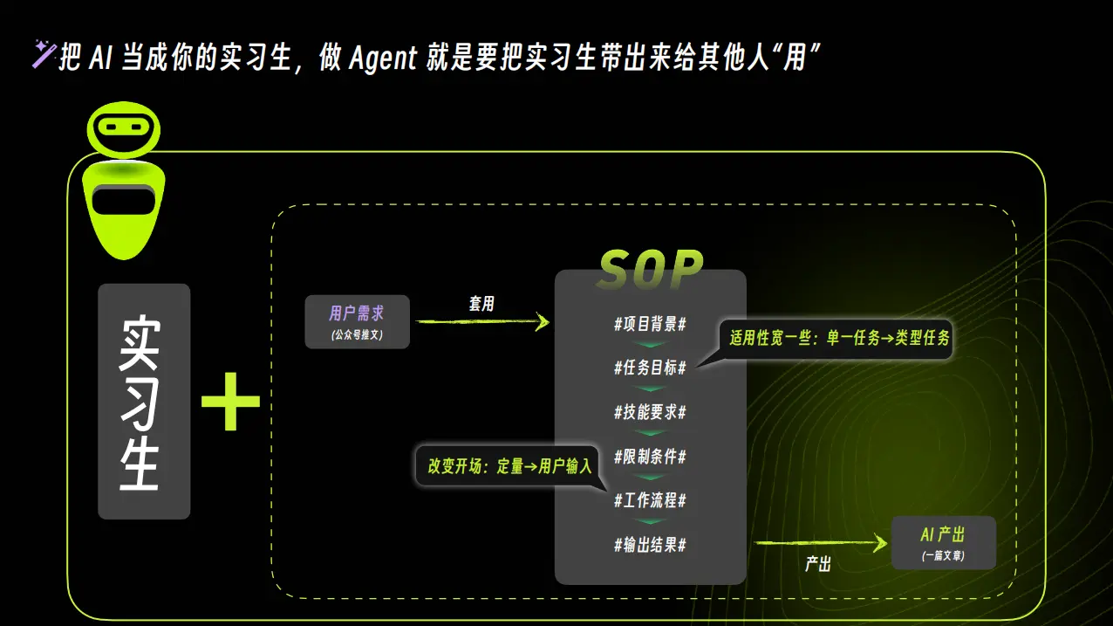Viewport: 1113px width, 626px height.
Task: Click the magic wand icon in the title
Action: click(44, 54)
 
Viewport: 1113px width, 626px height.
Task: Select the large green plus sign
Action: click(230, 401)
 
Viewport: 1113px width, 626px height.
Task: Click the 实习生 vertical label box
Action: click(144, 401)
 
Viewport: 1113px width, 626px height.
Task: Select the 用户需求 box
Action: click(357, 321)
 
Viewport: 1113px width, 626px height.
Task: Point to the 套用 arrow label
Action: click(481, 303)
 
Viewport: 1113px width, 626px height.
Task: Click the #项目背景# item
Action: click(650, 324)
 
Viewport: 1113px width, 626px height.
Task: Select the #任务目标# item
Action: click(650, 368)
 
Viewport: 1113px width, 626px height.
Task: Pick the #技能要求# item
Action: click(650, 412)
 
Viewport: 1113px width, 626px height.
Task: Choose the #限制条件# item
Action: click(650, 457)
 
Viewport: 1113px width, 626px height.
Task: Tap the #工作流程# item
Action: click(650, 500)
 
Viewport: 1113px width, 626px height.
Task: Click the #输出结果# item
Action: click(650, 545)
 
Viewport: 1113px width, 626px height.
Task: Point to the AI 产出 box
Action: click(943, 542)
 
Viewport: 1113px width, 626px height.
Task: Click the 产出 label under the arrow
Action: click(817, 564)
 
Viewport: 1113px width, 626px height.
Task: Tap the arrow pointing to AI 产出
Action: click(820, 543)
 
